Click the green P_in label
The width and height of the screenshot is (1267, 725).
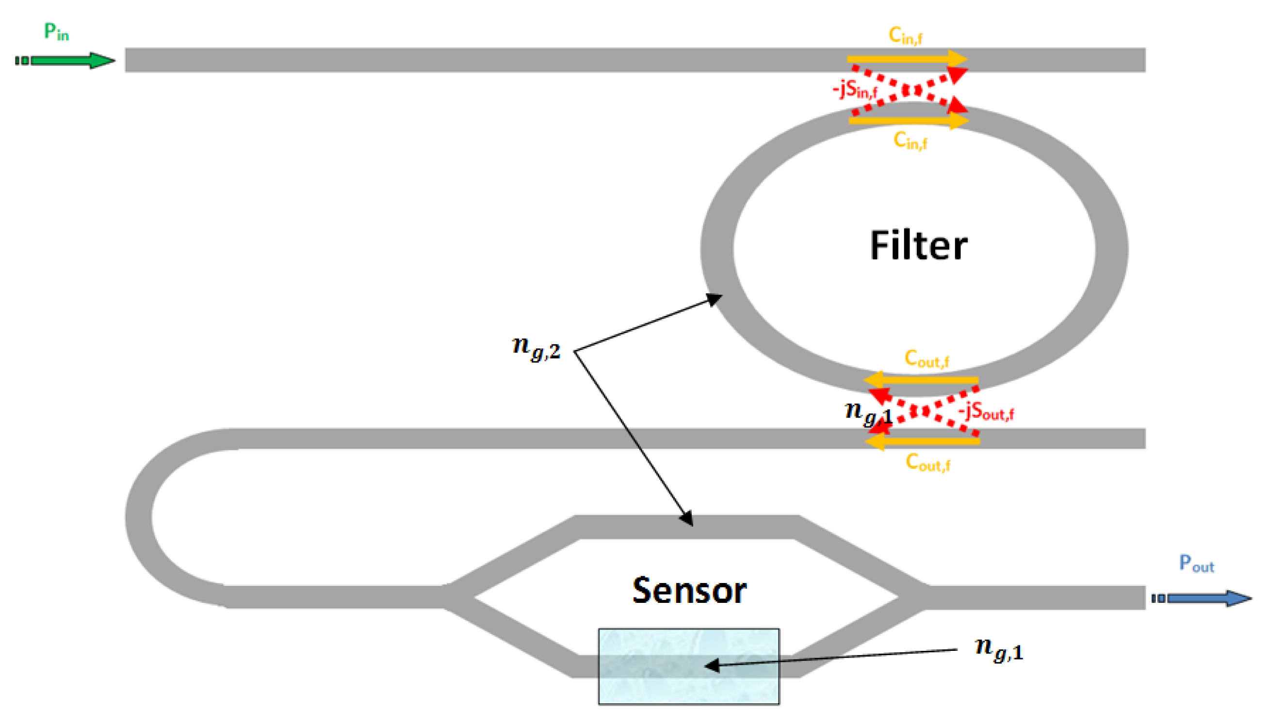click(56, 32)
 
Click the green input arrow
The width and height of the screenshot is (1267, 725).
click(70, 61)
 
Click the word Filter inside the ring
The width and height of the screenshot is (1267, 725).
click(918, 246)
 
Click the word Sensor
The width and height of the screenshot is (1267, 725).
click(689, 591)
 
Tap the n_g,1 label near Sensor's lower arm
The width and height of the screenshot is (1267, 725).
click(998, 649)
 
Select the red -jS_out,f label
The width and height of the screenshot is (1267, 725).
click(986, 412)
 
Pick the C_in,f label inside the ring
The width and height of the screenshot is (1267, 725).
click(910, 141)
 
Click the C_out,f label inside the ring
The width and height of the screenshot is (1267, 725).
click(926, 359)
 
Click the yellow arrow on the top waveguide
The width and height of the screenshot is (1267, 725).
click(907, 59)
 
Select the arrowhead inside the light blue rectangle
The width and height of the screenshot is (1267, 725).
click(713, 665)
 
